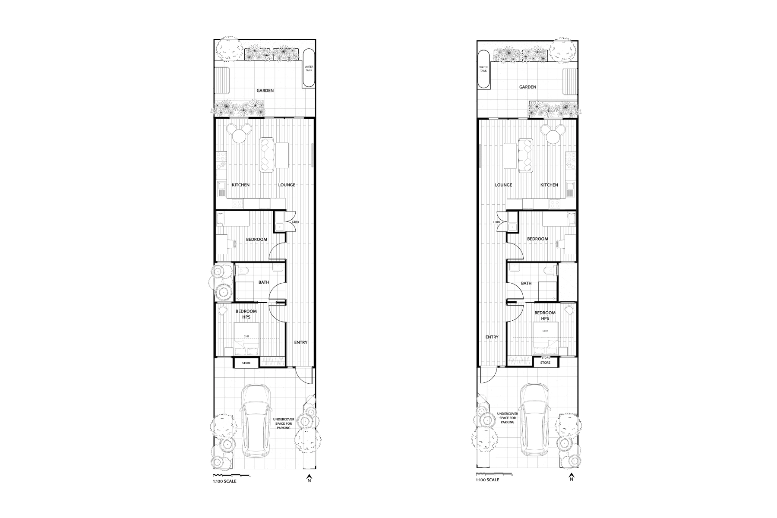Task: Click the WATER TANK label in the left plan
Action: point(309,68)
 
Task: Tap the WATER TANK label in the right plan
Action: point(483,69)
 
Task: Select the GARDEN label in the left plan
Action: point(265,91)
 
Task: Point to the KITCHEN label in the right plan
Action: point(549,185)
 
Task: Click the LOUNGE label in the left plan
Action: point(287,185)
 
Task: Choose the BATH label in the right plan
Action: point(526,283)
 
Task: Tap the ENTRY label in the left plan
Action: point(301,342)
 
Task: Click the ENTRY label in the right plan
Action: point(492,337)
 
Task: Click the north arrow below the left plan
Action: point(309,478)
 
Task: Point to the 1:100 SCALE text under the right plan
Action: point(488,480)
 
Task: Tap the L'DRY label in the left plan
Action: point(295,222)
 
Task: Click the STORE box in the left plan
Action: point(246,363)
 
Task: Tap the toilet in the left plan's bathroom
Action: point(242,270)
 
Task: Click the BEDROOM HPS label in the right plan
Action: point(545,315)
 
